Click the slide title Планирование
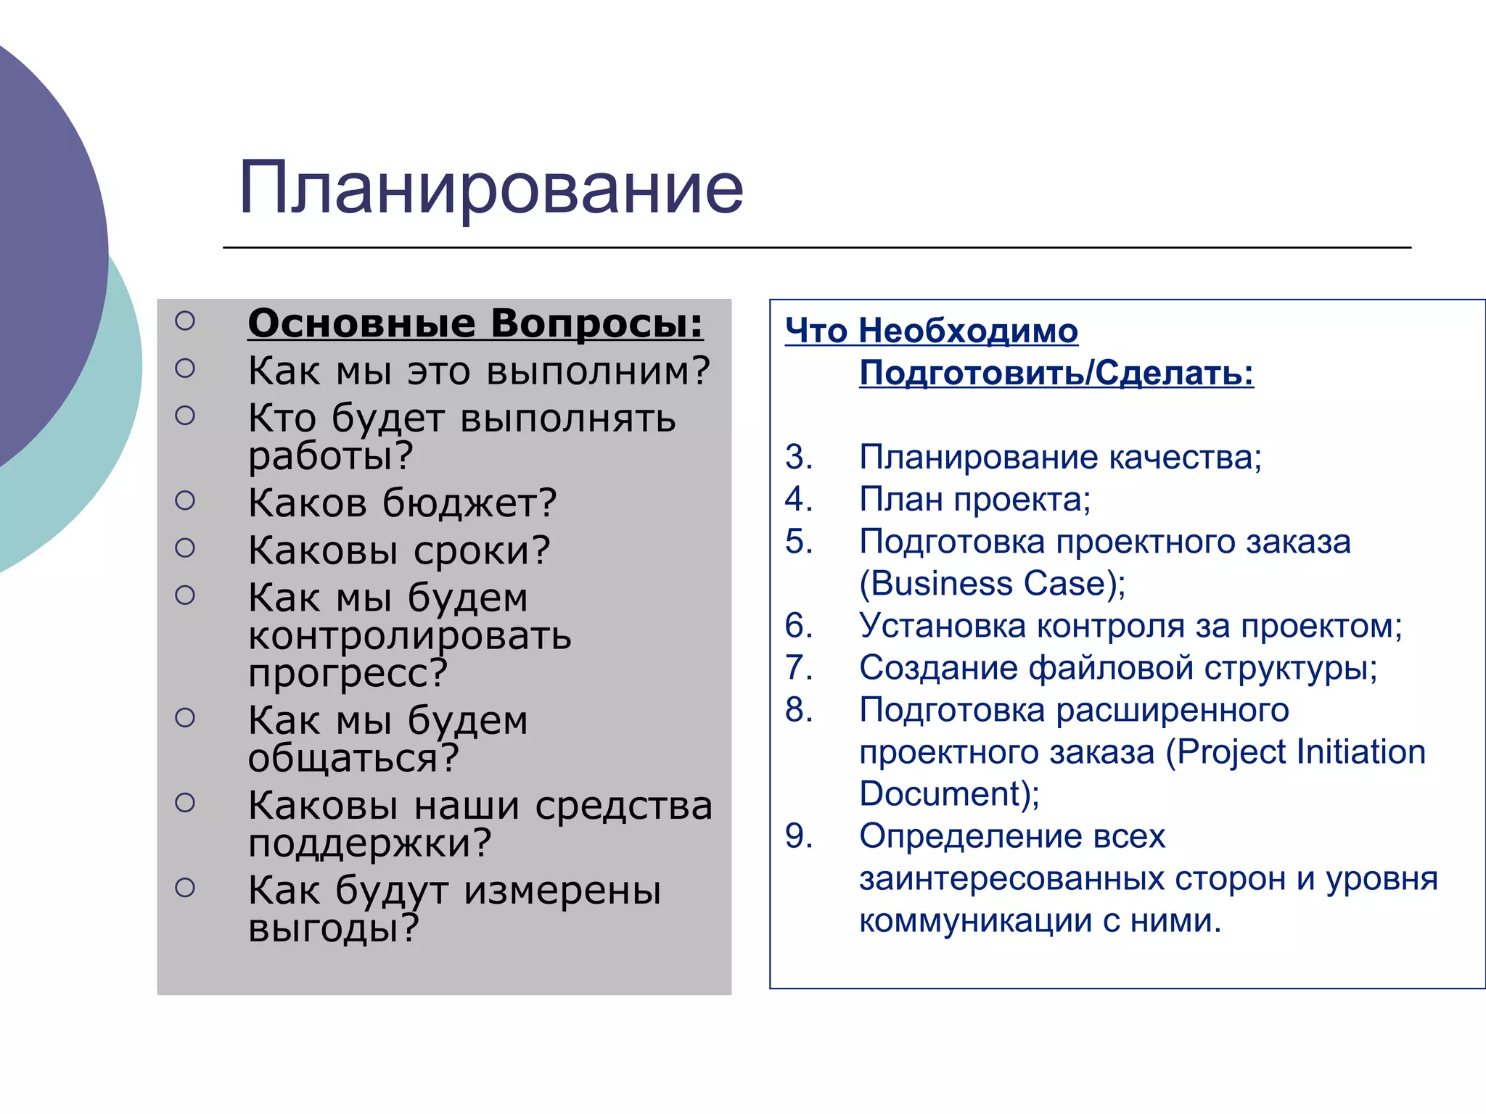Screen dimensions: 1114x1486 tap(490, 189)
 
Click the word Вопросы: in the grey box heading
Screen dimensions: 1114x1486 tap(596, 323)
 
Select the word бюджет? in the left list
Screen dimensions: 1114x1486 tap(469, 503)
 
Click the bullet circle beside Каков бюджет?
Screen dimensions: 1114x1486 tap(185, 500)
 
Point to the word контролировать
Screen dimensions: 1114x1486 tap(409, 636)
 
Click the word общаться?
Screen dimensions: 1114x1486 tap(353, 759)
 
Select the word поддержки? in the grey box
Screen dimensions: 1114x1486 tap(369, 843)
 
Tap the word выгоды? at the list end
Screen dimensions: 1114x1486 tap(333, 928)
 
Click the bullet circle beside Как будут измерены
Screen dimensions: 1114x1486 tap(185, 888)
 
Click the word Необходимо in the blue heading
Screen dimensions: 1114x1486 tap(968, 331)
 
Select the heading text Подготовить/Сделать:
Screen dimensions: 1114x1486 tap(1056, 373)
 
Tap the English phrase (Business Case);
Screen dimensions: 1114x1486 tap(992, 584)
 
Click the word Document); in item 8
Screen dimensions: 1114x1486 tap(949, 794)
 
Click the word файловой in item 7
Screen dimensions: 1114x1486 tap(1111, 667)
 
